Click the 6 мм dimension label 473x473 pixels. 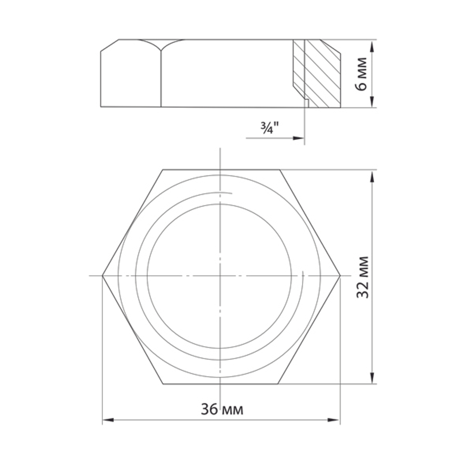[x=362, y=74]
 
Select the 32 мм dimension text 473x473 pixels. [x=363, y=277]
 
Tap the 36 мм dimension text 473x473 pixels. [x=222, y=409]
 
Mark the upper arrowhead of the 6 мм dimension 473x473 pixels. [x=373, y=44]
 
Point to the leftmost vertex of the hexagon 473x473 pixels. [x=103, y=275]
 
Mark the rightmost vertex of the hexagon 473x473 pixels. [x=340, y=275]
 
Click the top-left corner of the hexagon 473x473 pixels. [x=163, y=169]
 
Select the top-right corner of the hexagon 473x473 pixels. [x=280, y=169]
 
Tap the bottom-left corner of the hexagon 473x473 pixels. [x=163, y=384]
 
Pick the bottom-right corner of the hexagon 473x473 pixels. [x=280, y=384]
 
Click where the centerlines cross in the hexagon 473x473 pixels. [x=220, y=275]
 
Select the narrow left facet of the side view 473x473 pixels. [x=131, y=76]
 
